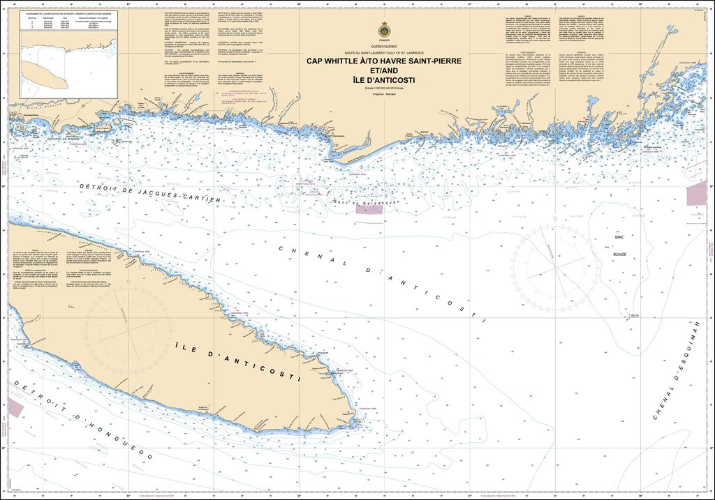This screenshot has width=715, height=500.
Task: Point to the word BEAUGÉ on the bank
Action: tap(620, 255)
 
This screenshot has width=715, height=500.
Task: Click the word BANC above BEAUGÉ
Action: tap(619, 238)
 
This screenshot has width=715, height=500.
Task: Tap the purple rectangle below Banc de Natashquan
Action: tap(369, 208)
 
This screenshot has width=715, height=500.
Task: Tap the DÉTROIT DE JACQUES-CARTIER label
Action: tap(150, 193)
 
